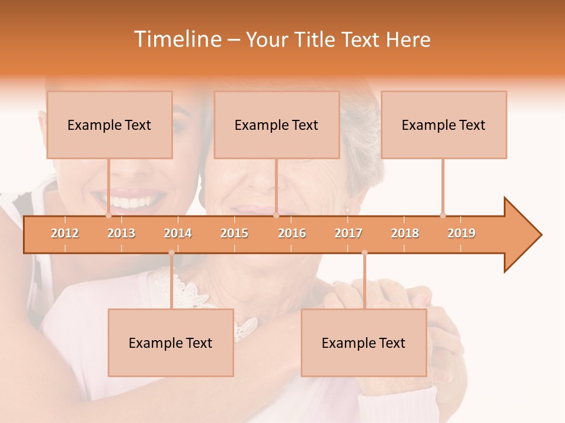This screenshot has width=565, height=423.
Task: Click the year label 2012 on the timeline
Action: click(x=65, y=233)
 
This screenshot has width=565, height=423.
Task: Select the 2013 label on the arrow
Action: click(x=121, y=233)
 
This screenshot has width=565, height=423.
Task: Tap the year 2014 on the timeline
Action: click(x=178, y=233)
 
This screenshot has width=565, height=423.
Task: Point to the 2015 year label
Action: click(x=234, y=233)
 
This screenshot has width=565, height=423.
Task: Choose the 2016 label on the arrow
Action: click(x=292, y=233)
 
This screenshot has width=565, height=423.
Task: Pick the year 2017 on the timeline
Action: click(x=348, y=233)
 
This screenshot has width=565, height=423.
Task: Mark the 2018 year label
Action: click(x=405, y=233)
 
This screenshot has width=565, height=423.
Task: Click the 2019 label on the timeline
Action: click(x=461, y=233)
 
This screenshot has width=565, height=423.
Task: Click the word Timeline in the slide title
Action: click(x=177, y=39)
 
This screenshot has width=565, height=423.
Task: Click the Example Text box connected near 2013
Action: click(x=109, y=125)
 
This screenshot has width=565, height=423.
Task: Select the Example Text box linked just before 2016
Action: click(x=277, y=125)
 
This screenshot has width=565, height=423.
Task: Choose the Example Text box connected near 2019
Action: click(x=444, y=125)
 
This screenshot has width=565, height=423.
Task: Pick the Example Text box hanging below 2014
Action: click(x=171, y=343)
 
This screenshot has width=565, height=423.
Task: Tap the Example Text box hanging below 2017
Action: click(x=364, y=343)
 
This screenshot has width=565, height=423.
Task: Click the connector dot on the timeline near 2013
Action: click(x=108, y=215)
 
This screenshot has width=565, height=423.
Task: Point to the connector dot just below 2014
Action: click(x=171, y=253)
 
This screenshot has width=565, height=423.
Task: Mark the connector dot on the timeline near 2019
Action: click(x=443, y=215)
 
